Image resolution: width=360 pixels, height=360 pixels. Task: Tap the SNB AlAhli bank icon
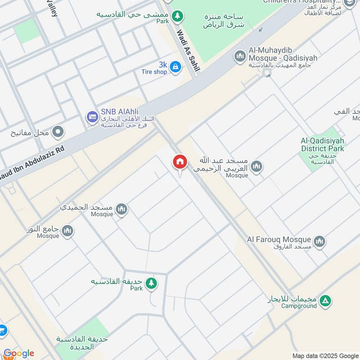click(92, 117)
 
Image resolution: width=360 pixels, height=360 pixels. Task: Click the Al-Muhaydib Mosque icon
click(240, 56)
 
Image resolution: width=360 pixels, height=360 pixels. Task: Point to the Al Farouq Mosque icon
click(319, 242)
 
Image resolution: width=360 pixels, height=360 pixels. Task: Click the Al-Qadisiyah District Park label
click(322, 145)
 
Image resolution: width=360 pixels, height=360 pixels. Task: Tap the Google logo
click(18, 353)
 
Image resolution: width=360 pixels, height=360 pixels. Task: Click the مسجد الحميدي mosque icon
click(121, 209)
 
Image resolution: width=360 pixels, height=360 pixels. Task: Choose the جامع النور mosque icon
click(67, 231)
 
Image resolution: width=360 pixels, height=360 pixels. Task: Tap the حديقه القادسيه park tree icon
click(151, 283)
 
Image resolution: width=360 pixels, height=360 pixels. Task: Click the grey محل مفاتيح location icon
click(58, 132)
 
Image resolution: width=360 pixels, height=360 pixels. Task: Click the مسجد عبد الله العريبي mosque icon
click(256, 166)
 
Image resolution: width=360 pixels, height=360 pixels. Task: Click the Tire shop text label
click(154, 72)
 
